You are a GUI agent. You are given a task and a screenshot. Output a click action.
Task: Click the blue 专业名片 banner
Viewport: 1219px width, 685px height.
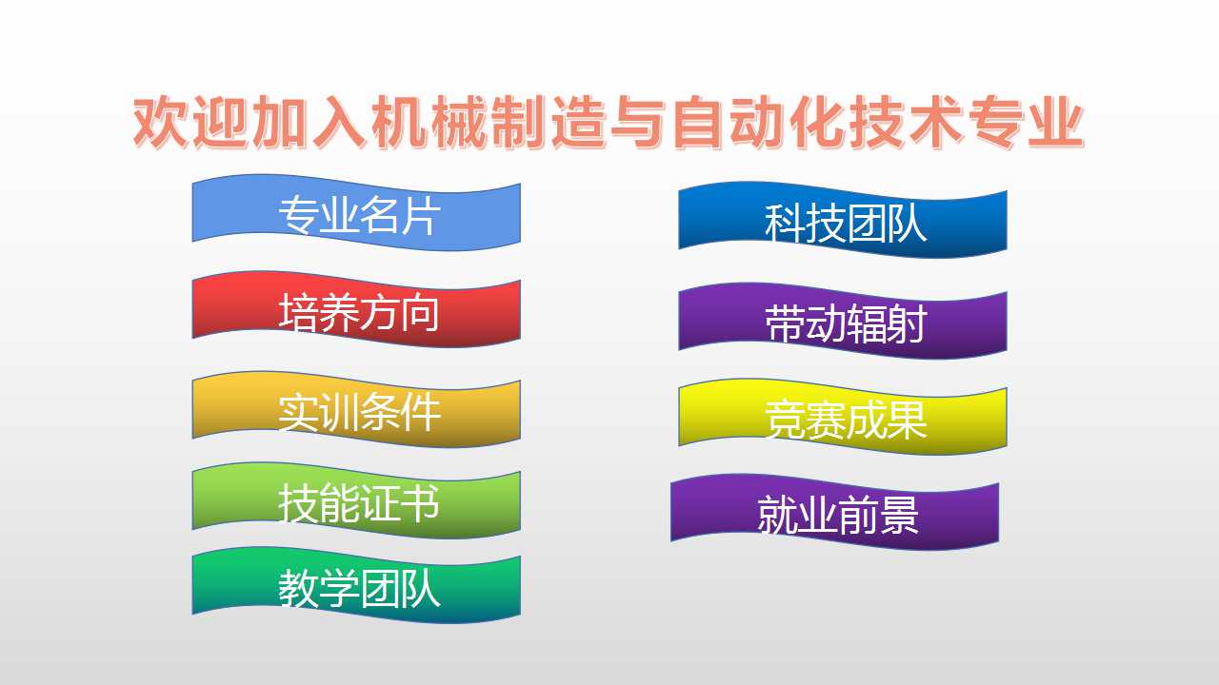356,212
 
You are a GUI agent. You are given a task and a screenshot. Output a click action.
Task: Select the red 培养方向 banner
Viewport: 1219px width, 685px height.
356,309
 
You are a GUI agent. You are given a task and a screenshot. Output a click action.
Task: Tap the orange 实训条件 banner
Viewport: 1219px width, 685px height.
356,409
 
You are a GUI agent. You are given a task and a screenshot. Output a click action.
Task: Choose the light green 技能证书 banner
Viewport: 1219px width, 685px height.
356,500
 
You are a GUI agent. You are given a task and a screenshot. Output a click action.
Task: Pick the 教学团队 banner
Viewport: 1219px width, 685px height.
356,585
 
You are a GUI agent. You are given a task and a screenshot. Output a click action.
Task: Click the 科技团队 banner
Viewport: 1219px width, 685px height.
843,220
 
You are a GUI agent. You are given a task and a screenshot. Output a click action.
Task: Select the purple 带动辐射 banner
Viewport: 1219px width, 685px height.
843,321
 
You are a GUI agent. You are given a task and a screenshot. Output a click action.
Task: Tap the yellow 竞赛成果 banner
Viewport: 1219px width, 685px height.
843,417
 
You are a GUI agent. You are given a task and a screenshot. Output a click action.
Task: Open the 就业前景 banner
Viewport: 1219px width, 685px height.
835,512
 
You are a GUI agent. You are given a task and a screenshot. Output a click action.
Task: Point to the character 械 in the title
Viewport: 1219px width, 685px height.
458,123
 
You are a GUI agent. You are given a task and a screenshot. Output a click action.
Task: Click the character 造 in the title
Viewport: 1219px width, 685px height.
578,123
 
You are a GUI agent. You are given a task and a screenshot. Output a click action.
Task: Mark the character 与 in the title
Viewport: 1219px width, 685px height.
638,123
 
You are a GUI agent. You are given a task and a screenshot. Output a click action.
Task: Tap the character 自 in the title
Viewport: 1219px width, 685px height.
698,123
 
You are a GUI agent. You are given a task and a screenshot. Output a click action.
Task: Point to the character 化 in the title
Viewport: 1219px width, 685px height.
818,123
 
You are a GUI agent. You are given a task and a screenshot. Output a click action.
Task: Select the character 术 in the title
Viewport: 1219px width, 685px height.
938,123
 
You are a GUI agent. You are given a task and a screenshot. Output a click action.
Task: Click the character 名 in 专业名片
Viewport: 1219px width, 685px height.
379,215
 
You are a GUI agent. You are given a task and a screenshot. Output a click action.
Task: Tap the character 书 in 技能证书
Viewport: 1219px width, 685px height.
420,503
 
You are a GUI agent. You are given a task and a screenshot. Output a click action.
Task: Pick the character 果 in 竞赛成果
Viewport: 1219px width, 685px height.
907,420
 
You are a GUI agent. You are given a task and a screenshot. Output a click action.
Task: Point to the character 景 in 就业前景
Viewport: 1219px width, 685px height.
898,515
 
